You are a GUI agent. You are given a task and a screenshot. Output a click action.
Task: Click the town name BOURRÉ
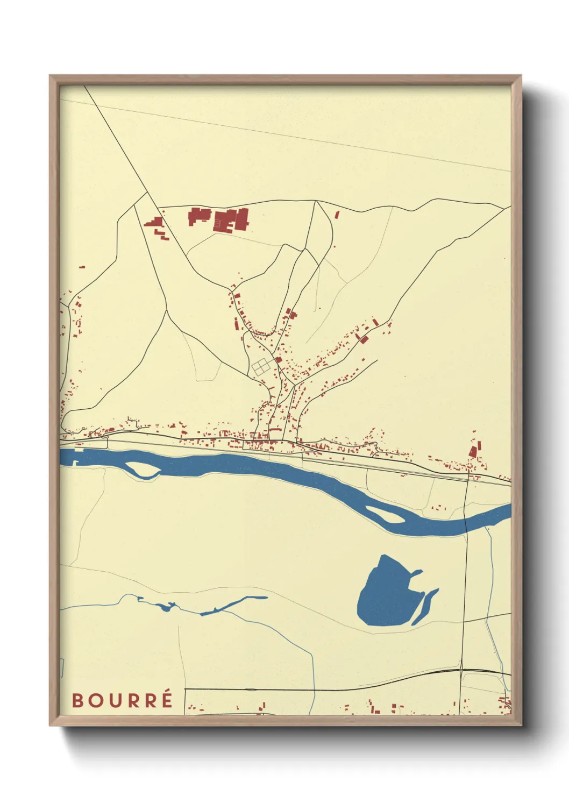tap(122, 700)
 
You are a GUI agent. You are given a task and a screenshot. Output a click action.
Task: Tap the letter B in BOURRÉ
tap(77, 701)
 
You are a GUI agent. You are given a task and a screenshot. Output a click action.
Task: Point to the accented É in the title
tap(167, 699)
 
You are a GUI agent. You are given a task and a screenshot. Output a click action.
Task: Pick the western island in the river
tap(144, 471)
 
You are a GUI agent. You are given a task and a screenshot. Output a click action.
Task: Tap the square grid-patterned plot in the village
tap(261, 367)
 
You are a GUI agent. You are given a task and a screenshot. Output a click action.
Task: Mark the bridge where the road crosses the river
tap(466, 524)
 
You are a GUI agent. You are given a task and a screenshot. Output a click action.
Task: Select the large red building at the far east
tap(474, 450)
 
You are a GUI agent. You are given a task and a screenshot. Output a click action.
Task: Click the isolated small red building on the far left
tap(82, 266)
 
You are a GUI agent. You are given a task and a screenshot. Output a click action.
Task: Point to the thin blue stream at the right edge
tap(492, 570)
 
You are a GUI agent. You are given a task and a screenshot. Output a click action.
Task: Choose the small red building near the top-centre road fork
tap(337, 215)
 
